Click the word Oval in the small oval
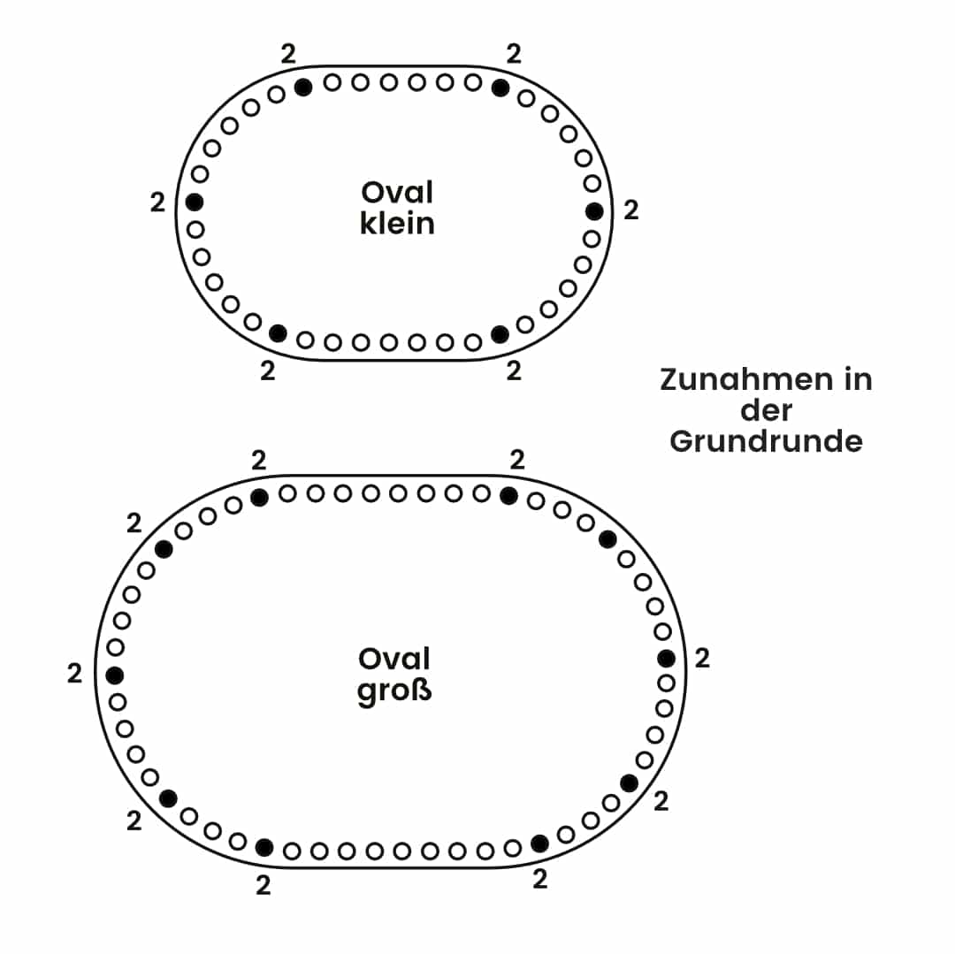click(397, 192)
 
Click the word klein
click(397, 223)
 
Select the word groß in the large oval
click(394, 690)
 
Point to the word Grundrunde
click(766, 440)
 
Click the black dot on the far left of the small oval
click(195, 202)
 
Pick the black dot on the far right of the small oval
click(594, 211)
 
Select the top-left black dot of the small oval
click(303, 87)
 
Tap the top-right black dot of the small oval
click(500, 88)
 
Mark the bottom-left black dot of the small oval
click(278, 333)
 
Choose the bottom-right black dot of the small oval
click(500, 334)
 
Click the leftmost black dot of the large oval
click(114, 675)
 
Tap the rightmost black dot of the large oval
click(667, 659)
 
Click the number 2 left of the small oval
click(157, 202)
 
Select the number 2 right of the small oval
click(630, 210)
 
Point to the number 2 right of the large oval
click(702, 659)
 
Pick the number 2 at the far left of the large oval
click(74, 674)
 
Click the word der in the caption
click(766, 410)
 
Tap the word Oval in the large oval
click(394, 659)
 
